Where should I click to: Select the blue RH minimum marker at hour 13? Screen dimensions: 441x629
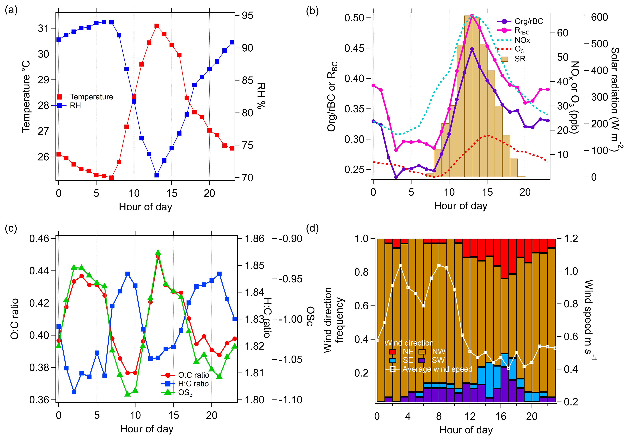pyautogui.click(x=157, y=175)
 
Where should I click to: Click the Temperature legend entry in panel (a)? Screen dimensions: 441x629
pyautogui.click(x=91, y=97)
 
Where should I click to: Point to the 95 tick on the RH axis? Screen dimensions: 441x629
pyautogui.click(x=247, y=16)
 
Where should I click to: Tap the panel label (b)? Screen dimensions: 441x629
pyautogui.click(x=312, y=11)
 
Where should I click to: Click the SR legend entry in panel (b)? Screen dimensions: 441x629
pyautogui.click(x=520, y=59)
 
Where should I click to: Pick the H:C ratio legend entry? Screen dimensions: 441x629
pyautogui.click(x=193, y=384)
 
